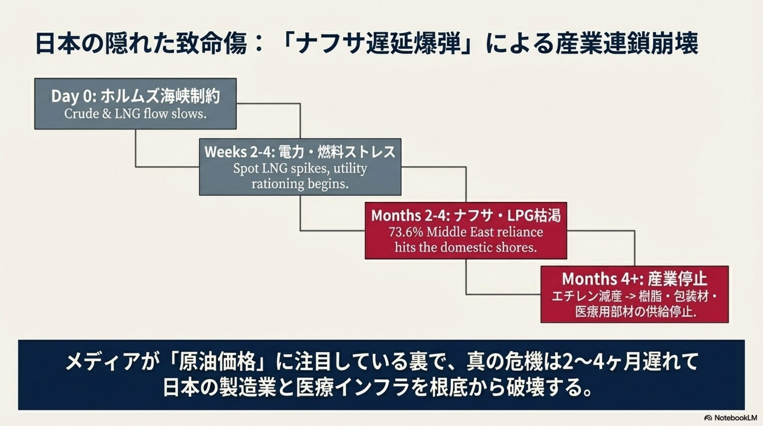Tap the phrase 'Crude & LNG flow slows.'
(x=135, y=114)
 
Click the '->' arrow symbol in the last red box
(x=630, y=296)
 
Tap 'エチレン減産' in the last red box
(x=587, y=296)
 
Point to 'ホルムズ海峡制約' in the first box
(x=160, y=97)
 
